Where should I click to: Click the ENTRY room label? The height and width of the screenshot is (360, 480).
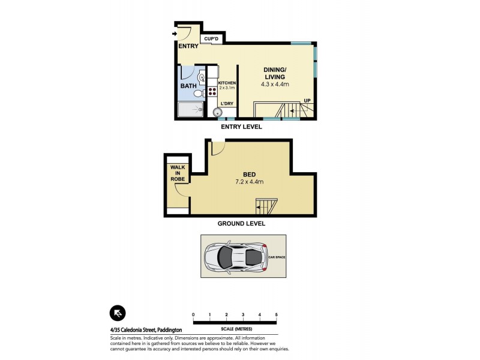pyautogui.click(x=188, y=46)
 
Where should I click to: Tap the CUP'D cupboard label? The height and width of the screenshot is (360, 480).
pyautogui.click(x=211, y=39)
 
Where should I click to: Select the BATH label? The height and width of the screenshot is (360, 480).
pyautogui.click(x=189, y=86)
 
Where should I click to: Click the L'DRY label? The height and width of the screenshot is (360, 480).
pyautogui.click(x=227, y=104)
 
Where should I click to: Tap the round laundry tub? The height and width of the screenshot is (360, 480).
pyautogui.click(x=217, y=112)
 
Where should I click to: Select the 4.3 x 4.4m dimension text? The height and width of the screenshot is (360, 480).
pyautogui.click(x=275, y=85)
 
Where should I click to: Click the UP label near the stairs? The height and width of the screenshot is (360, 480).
pyautogui.click(x=307, y=100)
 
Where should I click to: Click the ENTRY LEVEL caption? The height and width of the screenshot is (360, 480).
pyautogui.click(x=242, y=127)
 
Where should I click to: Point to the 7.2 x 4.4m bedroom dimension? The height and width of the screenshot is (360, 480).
pyautogui.click(x=250, y=182)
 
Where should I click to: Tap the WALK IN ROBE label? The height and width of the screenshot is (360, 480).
pyautogui.click(x=178, y=173)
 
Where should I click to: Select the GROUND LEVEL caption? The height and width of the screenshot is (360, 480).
pyautogui.click(x=242, y=223)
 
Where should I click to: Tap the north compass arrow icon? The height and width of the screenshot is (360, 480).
pyautogui.click(x=118, y=313)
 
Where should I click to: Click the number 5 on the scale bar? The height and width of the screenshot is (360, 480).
pyautogui.click(x=276, y=314)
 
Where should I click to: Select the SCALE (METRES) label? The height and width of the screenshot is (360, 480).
pyautogui.click(x=235, y=329)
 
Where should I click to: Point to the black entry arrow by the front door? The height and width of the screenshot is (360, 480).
pyautogui.click(x=175, y=34)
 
